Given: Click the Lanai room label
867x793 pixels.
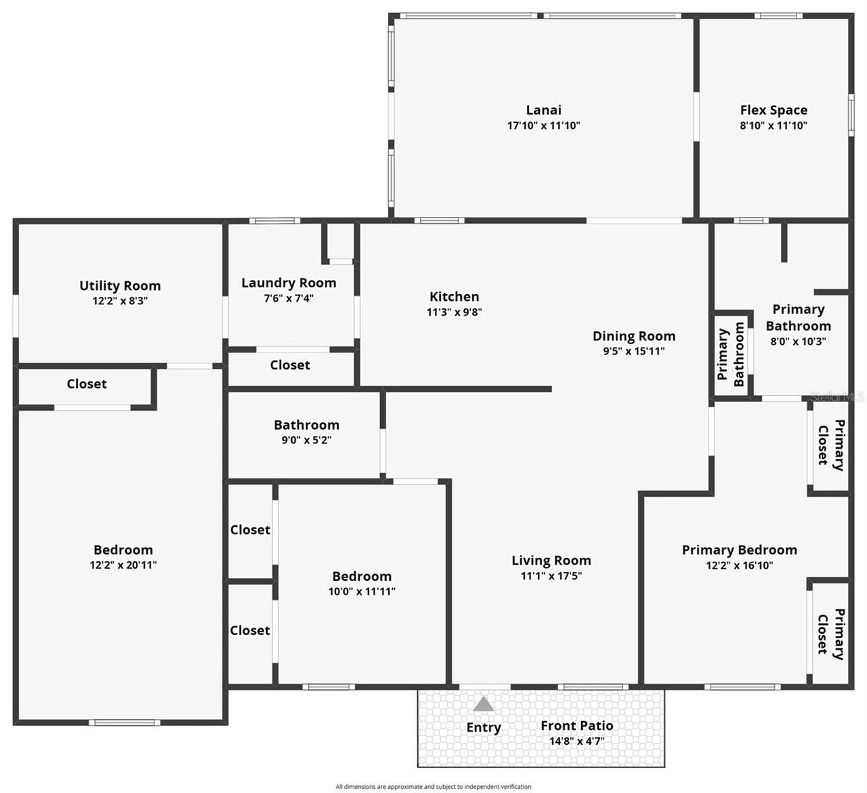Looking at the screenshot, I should (543, 110).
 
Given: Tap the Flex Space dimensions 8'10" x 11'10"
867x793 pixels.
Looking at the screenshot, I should (773, 125).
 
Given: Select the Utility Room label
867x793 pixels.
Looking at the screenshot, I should (120, 285).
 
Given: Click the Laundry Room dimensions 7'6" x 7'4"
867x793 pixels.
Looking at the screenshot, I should (289, 298).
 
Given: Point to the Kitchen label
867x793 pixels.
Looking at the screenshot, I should (454, 296).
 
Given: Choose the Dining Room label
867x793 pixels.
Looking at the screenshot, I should (633, 335).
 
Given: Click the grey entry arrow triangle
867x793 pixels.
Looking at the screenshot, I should (483, 704).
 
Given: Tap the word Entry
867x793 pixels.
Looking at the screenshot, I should (483, 727).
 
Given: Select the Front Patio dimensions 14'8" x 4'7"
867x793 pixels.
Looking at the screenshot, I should (576, 741).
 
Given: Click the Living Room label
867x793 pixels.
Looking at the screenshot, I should (551, 561).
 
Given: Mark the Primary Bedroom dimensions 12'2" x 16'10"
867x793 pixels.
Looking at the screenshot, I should (739, 565).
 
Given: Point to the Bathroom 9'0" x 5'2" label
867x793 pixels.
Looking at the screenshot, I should (306, 425).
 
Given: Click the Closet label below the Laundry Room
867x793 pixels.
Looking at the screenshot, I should (290, 365).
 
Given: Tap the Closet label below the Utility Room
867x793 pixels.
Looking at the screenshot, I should (87, 384).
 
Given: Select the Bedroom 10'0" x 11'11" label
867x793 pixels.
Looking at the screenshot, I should (362, 576).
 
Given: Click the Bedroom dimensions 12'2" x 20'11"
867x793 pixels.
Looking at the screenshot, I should (123, 565).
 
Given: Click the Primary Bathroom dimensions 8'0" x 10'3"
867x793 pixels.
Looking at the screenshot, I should (798, 342).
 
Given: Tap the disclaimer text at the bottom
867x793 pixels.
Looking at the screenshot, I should (433, 787).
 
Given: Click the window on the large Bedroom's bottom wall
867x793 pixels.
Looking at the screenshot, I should (125, 723).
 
